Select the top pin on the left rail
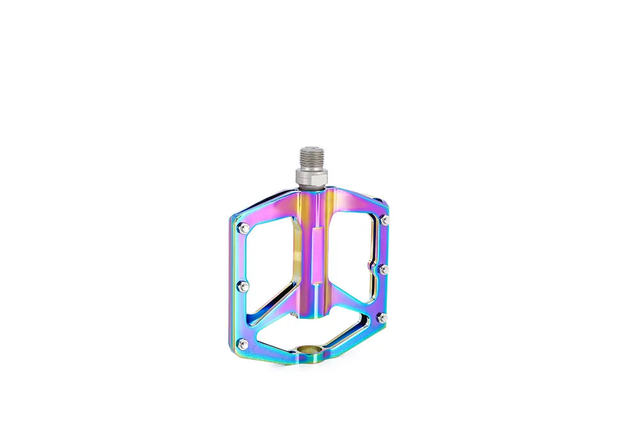point(244,227)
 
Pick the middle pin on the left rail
point(243,286)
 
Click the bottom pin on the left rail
point(243,344)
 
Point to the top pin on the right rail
point(385,221)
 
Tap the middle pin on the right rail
point(383,270)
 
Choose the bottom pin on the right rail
point(382,317)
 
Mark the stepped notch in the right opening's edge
point(370,266)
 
